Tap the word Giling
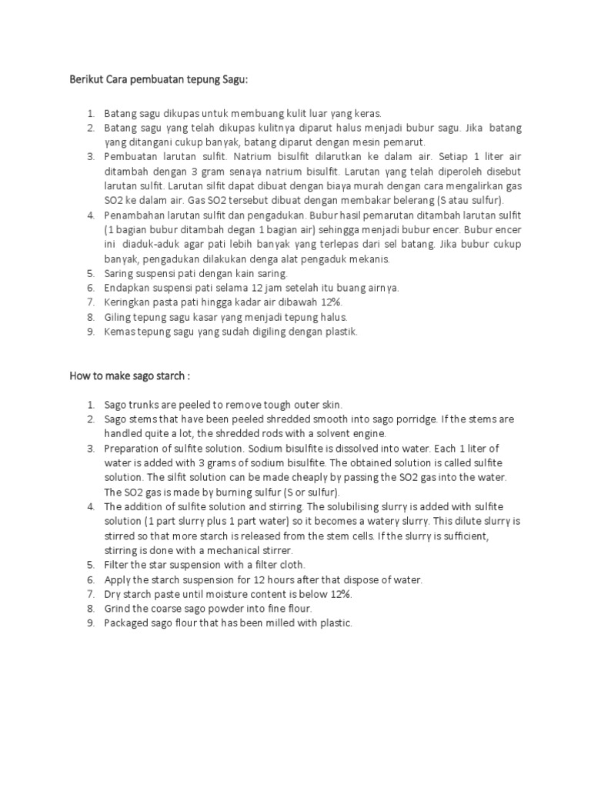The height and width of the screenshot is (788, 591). pos(117,316)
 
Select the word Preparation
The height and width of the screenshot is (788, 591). pos(132,448)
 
